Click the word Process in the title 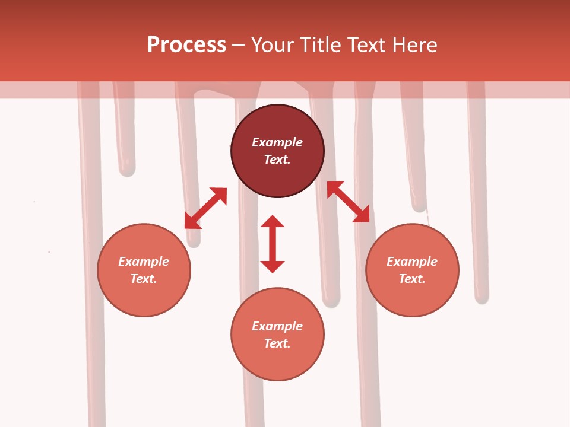[x=186, y=45]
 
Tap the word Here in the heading [x=413, y=45]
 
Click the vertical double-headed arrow [x=273, y=244]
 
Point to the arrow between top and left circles [x=205, y=208]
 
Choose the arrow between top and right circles [x=348, y=202]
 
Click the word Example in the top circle [x=277, y=142]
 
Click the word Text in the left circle [x=144, y=279]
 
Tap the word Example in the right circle [x=412, y=262]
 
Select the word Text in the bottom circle [x=277, y=343]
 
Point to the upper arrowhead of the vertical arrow [x=273, y=222]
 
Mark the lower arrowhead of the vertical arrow [x=273, y=266]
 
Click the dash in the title [x=239, y=45]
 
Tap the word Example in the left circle [x=144, y=262]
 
